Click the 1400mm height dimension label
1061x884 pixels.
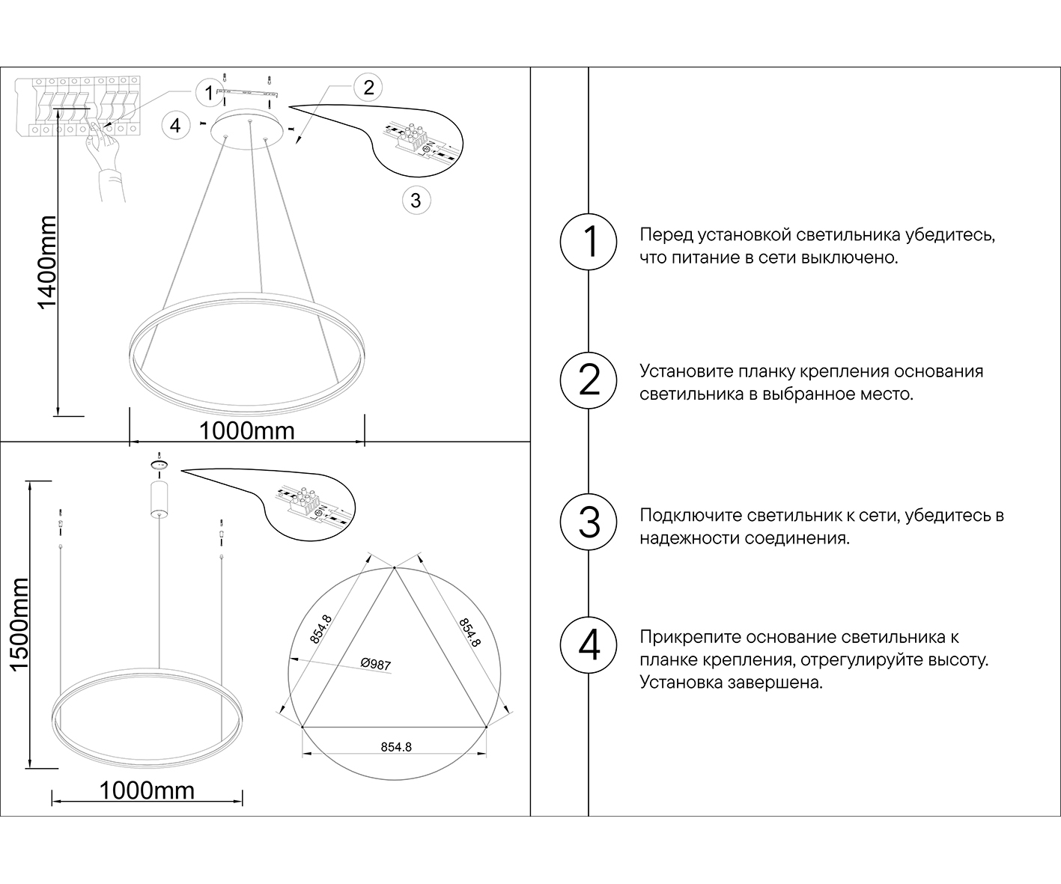[47, 262]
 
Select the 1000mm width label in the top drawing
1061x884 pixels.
[246, 431]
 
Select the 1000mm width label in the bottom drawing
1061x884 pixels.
[147, 790]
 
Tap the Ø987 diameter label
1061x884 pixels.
[375, 664]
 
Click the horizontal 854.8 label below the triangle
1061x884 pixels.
[396, 747]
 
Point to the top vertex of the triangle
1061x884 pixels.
[395, 568]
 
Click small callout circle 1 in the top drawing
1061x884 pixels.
[207, 94]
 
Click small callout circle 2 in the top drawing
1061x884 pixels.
[368, 88]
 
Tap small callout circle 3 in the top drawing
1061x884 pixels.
[416, 200]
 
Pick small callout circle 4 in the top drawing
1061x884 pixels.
[175, 125]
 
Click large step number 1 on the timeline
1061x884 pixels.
[589, 242]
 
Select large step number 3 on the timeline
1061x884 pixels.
[589, 522]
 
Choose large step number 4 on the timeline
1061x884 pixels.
[589, 644]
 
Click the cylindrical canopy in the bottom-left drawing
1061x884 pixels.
[159, 499]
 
